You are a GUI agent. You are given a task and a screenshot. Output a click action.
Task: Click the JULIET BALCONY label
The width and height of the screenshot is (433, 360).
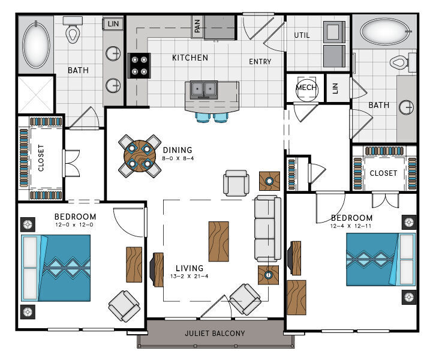coord(215,333)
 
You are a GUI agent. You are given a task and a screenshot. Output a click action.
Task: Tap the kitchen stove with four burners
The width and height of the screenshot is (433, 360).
coord(139,65)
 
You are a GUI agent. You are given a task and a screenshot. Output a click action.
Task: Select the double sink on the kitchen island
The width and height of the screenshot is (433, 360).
coord(204,90)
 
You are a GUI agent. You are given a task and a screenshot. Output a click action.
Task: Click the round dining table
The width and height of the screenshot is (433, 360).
coord(140,156)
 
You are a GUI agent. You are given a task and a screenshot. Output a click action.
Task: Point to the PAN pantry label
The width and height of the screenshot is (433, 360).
coord(197,26)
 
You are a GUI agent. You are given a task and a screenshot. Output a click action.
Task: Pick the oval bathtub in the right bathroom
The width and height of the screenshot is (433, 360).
coord(384,31)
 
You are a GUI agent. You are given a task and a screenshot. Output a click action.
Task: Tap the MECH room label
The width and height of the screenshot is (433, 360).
coord(306,88)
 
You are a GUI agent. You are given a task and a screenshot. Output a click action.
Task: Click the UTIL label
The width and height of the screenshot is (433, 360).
coord(302,35)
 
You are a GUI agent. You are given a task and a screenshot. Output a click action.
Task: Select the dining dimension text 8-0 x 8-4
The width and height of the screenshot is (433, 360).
coord(178,158)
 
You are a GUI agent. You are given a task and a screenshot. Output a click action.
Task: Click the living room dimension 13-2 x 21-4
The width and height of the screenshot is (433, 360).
coord(189,276)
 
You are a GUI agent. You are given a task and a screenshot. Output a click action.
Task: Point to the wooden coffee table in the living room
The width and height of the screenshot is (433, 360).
coord(219,241)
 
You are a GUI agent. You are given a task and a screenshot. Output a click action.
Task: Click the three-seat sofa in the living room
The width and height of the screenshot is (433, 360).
coord(267,229)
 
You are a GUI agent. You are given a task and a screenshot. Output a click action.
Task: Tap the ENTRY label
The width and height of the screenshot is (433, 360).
coord(260,62)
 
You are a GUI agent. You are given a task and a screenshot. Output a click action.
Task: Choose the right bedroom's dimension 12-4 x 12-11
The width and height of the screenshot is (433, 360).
coord(351,226)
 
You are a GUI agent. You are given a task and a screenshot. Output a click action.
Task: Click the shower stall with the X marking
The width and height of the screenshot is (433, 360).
coord(35,94)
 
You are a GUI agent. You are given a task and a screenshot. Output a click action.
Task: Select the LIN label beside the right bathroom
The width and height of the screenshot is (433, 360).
coord(335,88)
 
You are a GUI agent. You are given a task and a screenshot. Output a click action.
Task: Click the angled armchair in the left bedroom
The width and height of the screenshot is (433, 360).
coord(124,306)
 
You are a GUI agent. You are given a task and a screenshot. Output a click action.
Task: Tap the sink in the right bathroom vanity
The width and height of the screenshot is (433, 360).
coord(406,107)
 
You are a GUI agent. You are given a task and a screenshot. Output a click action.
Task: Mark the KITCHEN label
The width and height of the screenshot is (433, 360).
coord(190,58)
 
